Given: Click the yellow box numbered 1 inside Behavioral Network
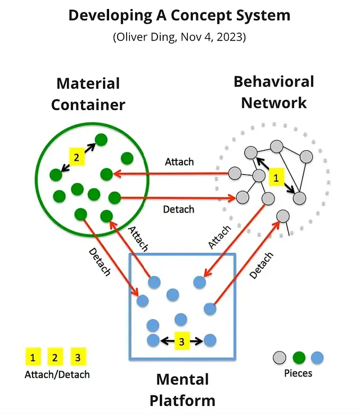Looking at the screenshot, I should point(276,178).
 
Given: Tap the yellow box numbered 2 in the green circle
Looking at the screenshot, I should point(76,157).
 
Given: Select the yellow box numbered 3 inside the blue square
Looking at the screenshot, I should point(181,341).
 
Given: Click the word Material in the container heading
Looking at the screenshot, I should point(88,84).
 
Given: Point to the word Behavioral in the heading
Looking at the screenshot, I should point(274,82).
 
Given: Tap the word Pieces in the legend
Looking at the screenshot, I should point(299,373).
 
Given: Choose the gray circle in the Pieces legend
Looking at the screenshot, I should point(280,357).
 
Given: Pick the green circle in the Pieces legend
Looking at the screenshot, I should point(299,357).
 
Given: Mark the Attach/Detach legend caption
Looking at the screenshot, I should point(57,374).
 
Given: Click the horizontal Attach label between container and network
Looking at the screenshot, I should point(179,162).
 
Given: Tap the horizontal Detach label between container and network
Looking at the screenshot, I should point(178,209).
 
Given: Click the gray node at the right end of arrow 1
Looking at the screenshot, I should point(299,197).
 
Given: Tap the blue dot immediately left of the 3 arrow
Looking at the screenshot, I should point(152,340).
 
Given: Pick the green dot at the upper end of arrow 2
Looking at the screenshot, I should point(101,139).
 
